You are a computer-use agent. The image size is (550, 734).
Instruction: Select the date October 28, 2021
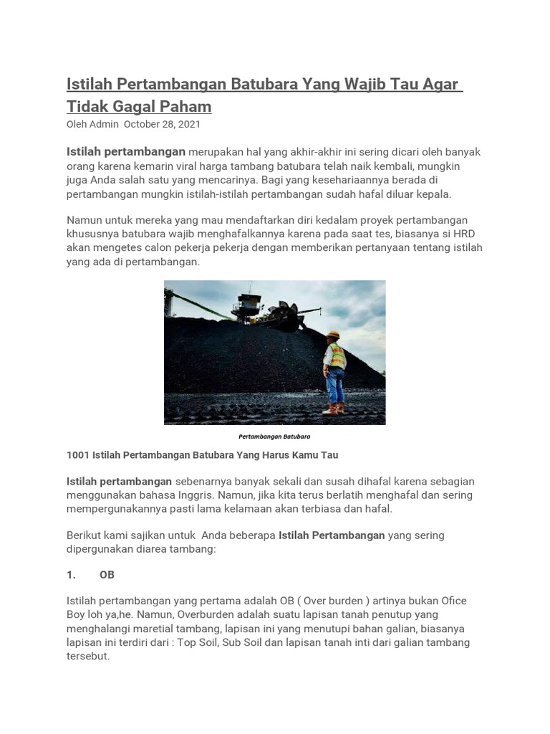162,124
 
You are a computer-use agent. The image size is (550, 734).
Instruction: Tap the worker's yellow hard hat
333,335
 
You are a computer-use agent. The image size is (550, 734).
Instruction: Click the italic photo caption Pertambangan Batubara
274,436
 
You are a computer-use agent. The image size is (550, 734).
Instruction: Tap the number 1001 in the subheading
78,455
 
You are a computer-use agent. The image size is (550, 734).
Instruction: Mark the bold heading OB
107,575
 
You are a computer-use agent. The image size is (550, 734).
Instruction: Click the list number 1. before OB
71,575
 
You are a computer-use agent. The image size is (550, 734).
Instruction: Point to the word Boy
77,615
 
